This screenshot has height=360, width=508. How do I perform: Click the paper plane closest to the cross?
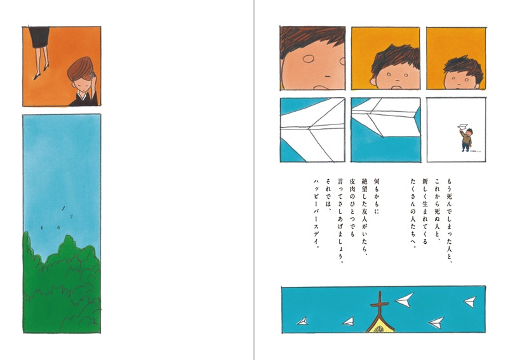click(x=403, y=299)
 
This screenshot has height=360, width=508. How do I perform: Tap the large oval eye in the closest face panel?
click(x=310, y=61)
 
